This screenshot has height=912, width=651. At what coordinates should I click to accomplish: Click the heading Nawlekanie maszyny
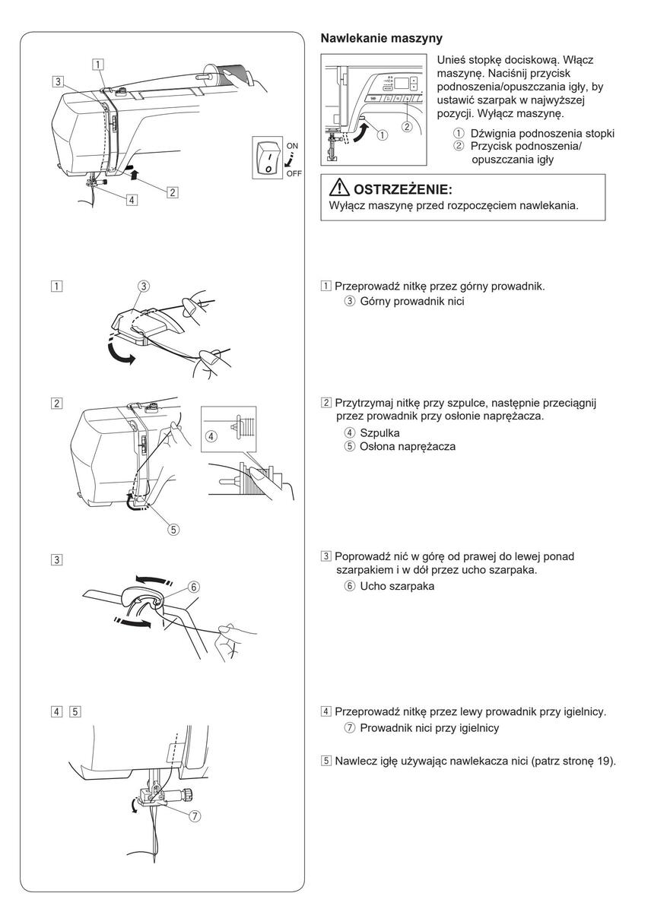pos(381,37)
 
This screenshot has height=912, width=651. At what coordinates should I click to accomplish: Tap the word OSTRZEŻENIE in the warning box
pos(402,189)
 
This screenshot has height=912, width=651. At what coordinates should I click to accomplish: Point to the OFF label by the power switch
pos(294,174)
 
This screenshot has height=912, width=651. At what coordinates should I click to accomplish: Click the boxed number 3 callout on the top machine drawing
pos(59,80)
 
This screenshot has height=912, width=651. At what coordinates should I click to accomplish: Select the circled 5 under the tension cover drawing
pos(173,530)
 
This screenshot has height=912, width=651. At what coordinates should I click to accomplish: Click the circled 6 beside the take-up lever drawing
pos(194,587)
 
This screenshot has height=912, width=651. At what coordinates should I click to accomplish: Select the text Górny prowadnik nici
pos(412,301)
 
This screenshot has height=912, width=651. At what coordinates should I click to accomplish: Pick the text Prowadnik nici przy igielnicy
pos(429,728)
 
